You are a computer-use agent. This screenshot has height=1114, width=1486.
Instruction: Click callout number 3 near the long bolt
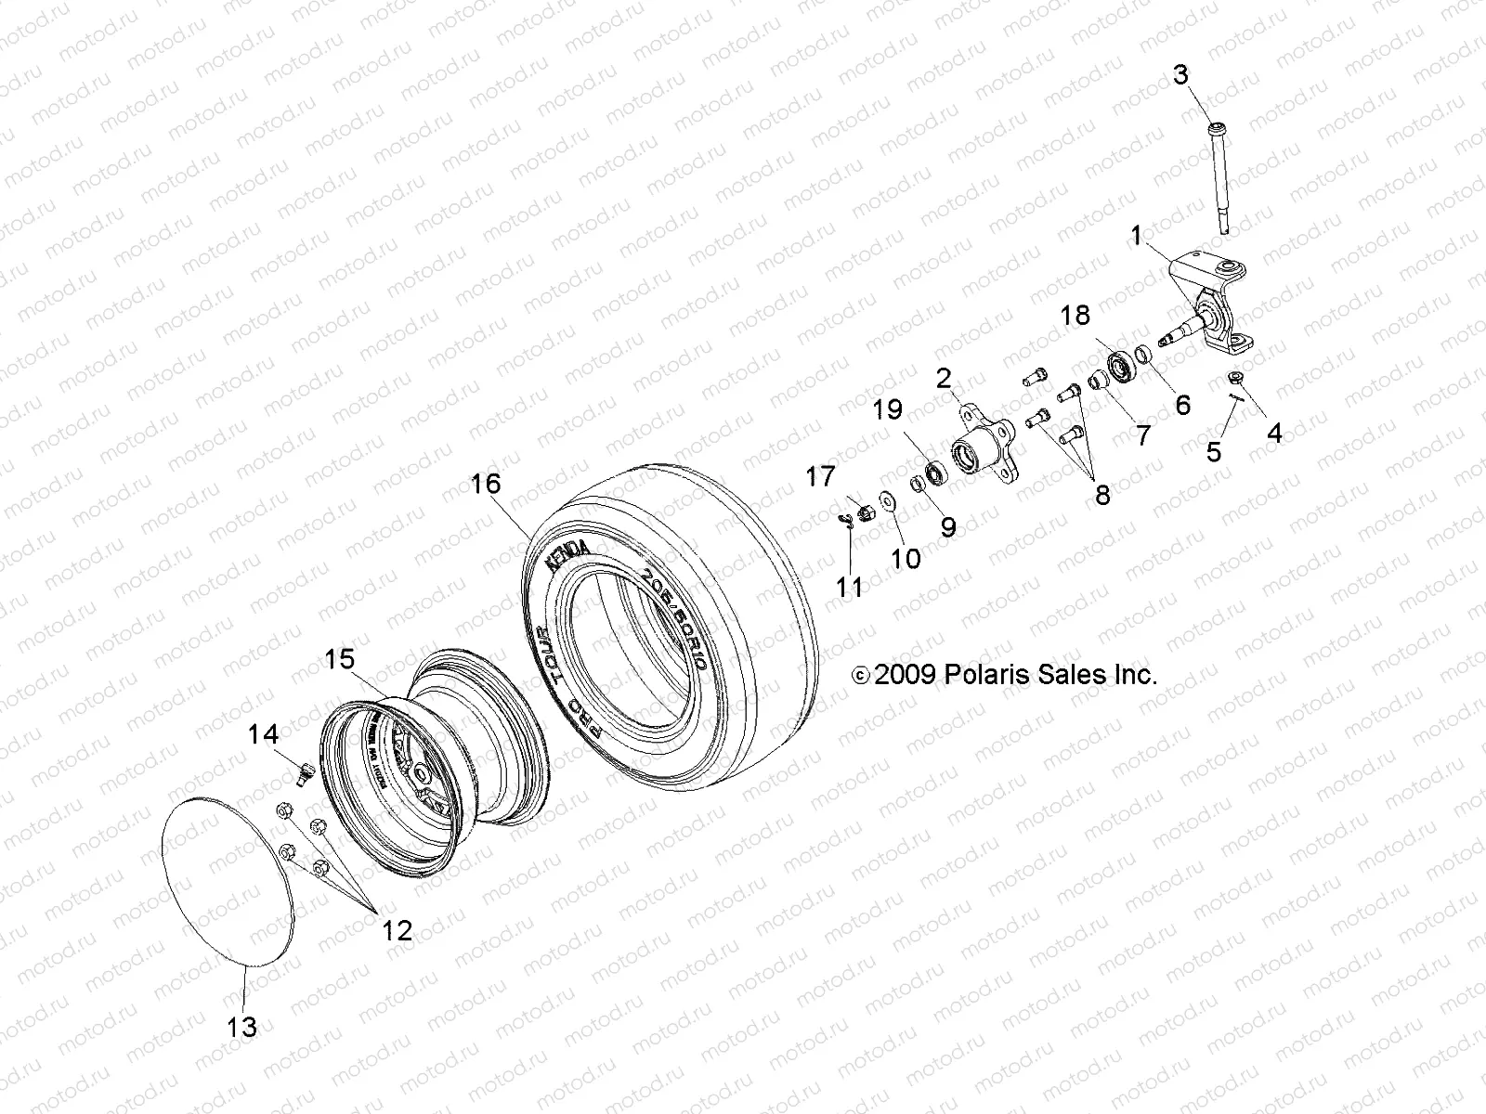(1180, 75)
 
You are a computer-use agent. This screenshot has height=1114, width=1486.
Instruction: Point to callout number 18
(1075, 316)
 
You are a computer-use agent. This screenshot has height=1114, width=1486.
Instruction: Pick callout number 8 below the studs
(1101, 495)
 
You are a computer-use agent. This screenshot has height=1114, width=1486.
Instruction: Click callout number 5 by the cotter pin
(1214, 452)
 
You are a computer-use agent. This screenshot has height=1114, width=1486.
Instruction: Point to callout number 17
(820, 477)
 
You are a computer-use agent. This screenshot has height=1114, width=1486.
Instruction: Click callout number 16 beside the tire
(485, 485)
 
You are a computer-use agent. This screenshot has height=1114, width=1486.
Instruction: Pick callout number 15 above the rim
(339, 659)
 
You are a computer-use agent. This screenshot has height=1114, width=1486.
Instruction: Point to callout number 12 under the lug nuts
(397, 930)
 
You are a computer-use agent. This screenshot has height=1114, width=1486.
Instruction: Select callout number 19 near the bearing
(887, 410)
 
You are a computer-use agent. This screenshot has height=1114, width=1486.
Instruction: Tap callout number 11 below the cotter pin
(849, 587)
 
